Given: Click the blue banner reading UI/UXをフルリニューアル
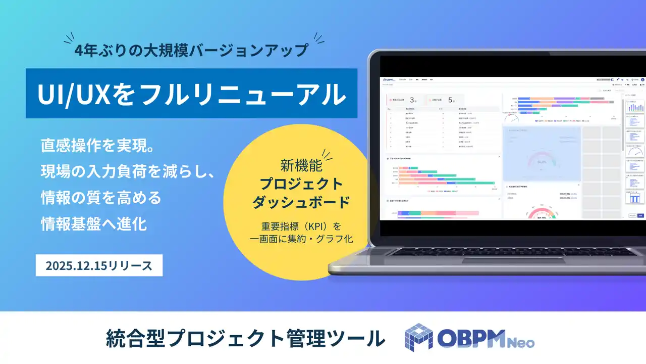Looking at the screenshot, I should [x=192, y=94].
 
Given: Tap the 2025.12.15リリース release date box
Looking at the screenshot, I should [x=99, y=266].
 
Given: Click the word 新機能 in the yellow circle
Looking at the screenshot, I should [x=301, y=165].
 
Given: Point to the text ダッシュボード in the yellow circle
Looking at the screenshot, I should [x=301, y=202].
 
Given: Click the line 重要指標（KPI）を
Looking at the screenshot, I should [x=301, y=225].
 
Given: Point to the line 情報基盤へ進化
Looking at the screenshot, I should [x=94, y=224].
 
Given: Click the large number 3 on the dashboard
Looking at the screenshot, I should [x=412, y=100].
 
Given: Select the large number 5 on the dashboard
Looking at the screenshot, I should [x=451, y=100].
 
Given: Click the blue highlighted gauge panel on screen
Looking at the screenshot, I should [x=541, y=154].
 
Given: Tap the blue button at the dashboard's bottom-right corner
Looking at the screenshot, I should [x=640, y=215].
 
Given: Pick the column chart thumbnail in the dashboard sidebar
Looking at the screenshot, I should [x=634, y=107].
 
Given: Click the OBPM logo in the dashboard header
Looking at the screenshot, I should [x=389, y=80].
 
